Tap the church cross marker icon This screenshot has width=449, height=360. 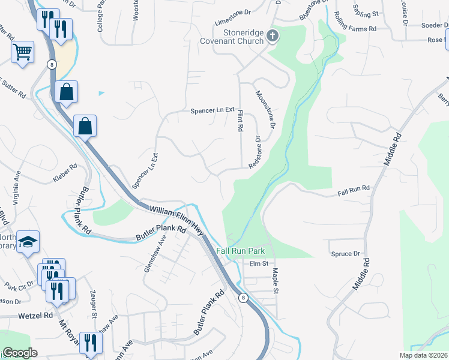(273, 36)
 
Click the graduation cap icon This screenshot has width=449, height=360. (28, 242)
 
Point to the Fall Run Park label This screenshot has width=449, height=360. (240, 251)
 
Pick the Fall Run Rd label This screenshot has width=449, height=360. (354, 191)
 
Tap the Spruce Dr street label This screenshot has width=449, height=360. (345, 254)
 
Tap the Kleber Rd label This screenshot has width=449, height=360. (65, 173)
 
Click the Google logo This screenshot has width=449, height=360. (20, 353)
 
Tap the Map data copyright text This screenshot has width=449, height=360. (423, 355)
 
